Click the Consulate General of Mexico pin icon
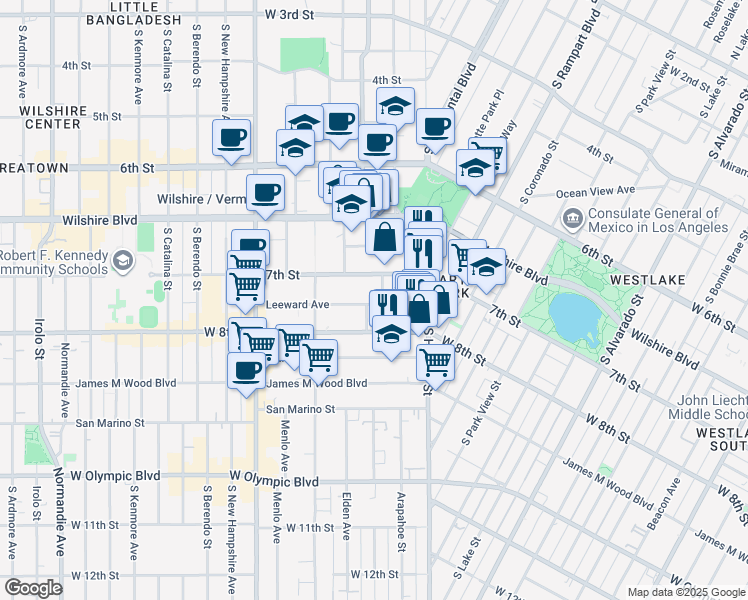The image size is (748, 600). [x=573, y=217]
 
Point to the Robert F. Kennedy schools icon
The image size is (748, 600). [x=122, y=261]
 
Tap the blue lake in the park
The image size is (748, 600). [x=571, y=317]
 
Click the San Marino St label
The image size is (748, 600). [x=300, y=409]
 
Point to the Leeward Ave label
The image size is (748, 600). [x=297, y=304]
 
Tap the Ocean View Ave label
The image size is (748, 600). [x=595, y=190]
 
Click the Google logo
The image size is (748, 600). [x=32, y=588]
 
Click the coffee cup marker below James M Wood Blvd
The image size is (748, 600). [x=245, y=371]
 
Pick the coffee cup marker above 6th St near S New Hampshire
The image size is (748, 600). [x=231, y=137]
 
